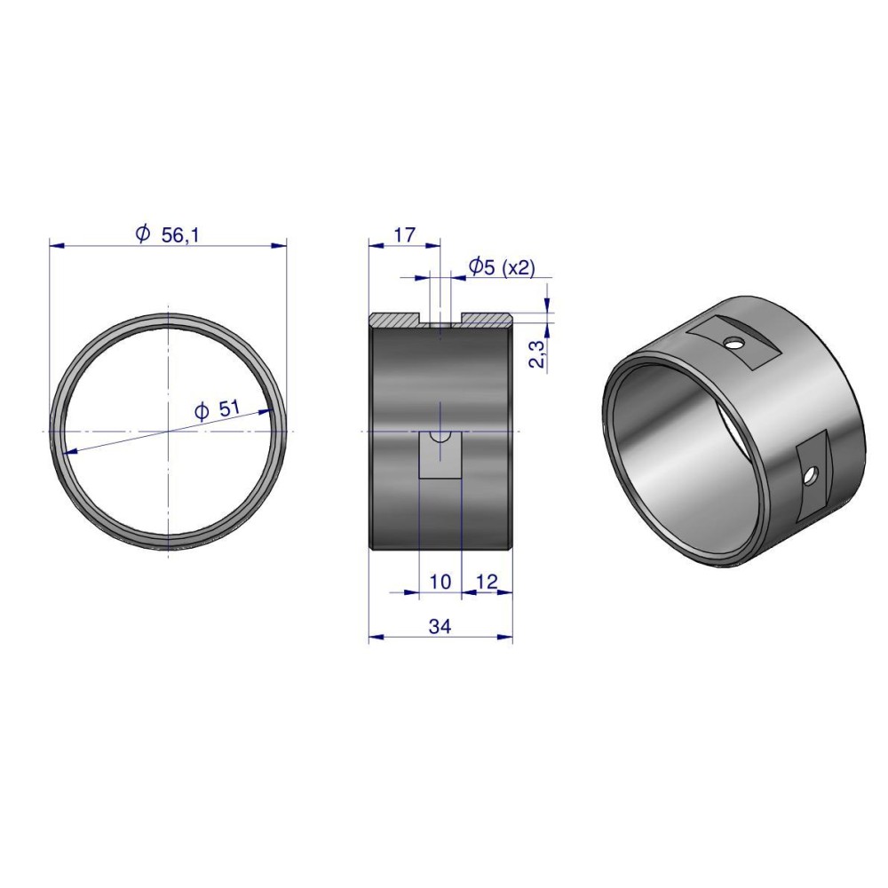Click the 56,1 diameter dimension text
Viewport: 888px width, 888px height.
(x=180, y=235)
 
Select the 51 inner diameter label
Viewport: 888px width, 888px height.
(x=229, y=408)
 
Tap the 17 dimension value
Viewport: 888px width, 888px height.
(x=404, y=234)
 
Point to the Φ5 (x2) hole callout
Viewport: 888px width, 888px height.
(x=502, y=266)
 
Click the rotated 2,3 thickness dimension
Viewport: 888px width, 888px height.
(x=539, y=354)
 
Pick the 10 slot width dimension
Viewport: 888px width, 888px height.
(x=440, y=581)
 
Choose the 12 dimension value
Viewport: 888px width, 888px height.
(x=487, y=581)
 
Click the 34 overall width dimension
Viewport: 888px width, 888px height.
(x=440, y=626)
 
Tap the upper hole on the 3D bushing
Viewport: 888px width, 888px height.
(x=734, y=343)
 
